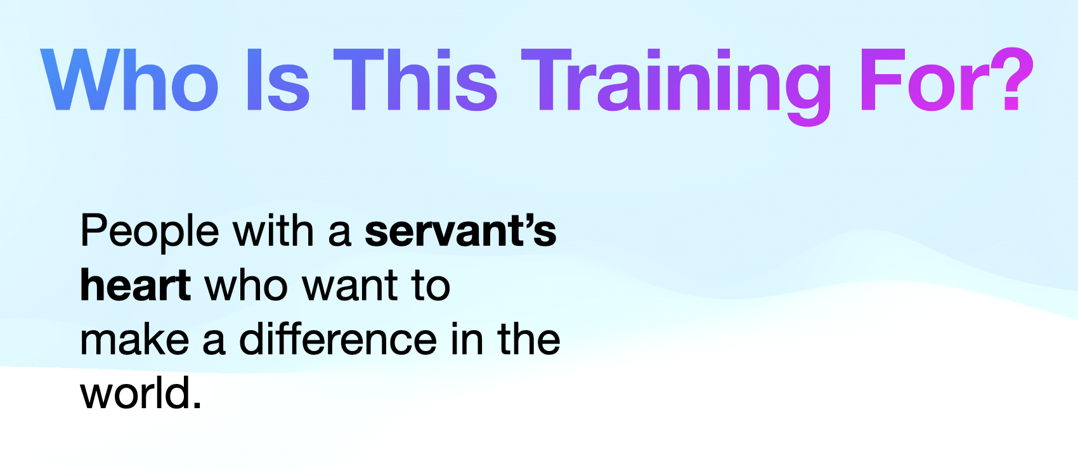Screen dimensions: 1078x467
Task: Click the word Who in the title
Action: (129, 80)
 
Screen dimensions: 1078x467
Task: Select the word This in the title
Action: (415, 80)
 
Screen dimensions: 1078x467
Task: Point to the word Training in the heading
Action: (676, 87)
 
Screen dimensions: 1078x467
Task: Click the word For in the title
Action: (923, 80)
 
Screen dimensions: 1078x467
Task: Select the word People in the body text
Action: (150, 233)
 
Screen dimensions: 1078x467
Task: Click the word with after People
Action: (273, 230)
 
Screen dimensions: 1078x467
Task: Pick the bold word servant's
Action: (460, 231)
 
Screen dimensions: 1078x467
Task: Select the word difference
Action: (338, 338)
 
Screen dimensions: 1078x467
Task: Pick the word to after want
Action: (431, 286)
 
